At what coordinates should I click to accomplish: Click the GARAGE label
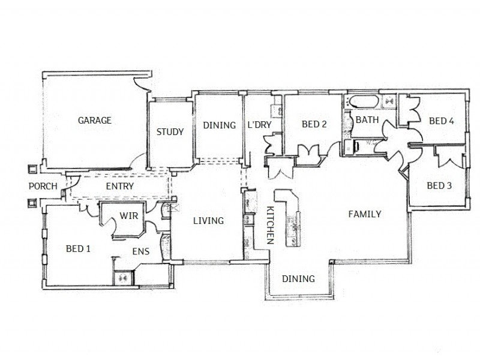pos(95,120)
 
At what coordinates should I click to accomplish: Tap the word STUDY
pos(170,132)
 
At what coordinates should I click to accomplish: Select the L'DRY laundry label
pos(260,125)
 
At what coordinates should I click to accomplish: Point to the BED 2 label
pos(314,125)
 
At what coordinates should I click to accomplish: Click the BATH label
pos(367,120)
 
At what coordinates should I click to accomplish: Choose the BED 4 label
pos(441,121)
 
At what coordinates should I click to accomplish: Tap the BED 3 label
pos(439,185)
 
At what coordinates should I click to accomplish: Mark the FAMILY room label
pos(365,214)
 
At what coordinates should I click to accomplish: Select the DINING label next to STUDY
pos(219,125)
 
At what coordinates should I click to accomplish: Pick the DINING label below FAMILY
pos(298,278)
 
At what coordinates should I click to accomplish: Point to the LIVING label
pos(208,221)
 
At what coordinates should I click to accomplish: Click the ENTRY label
pos(119,186)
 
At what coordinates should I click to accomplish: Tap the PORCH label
pos(43,186)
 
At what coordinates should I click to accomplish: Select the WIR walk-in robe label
pos(130,215)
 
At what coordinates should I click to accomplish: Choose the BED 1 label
pos(77,248)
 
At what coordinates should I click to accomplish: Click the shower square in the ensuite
pos(124,277)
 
